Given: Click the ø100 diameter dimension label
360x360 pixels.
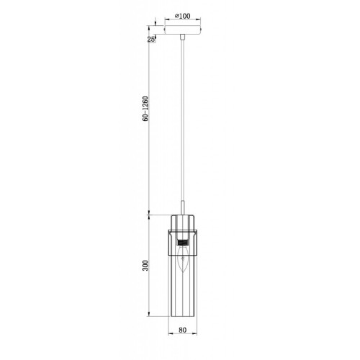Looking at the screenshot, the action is [182, 16].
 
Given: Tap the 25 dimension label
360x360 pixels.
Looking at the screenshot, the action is [151, 40].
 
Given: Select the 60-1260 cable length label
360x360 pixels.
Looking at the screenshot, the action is [145, 109].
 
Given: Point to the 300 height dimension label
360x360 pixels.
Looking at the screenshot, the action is [145, 266].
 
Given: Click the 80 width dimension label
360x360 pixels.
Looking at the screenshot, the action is [182, 330].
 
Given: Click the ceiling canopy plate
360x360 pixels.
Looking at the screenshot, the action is [183, 30].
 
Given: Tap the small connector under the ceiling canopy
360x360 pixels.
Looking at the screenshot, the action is [183, 37].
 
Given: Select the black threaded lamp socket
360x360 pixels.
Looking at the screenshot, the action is [183, 242].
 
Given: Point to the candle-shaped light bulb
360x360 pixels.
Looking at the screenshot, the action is [183, 261].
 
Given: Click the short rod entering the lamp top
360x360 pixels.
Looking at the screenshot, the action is [183, 207].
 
